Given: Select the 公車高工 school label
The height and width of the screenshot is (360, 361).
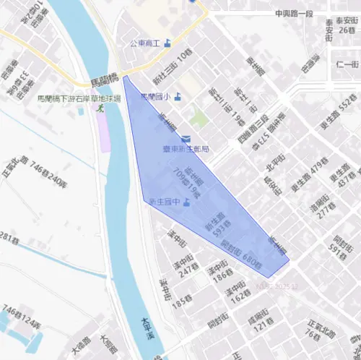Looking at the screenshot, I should coord(145,43).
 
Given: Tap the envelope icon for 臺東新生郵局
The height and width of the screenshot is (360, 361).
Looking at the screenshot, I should coord(186,138).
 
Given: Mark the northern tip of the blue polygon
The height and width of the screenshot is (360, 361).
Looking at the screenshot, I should coord(124,76).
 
